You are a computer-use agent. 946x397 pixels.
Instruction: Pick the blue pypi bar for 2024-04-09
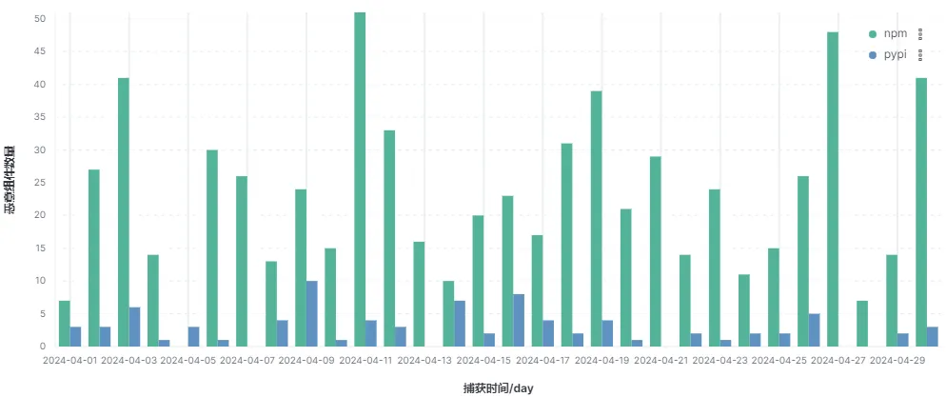point(312,313)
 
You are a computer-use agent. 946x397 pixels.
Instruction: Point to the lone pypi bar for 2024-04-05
point(194,336)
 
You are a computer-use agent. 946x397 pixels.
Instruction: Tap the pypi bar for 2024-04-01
point(75,336)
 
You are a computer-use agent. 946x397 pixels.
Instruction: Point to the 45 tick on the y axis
point(39,51)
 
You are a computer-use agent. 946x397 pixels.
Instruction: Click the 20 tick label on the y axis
point(39,215)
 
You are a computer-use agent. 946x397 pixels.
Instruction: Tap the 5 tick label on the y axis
point(42,313)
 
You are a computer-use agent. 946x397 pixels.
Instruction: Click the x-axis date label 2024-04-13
point(424,361)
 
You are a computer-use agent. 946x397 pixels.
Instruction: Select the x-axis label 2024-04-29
point(897,361)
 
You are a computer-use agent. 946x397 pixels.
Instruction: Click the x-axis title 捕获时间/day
point(498,387)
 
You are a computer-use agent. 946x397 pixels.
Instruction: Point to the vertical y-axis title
point(10,181)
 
